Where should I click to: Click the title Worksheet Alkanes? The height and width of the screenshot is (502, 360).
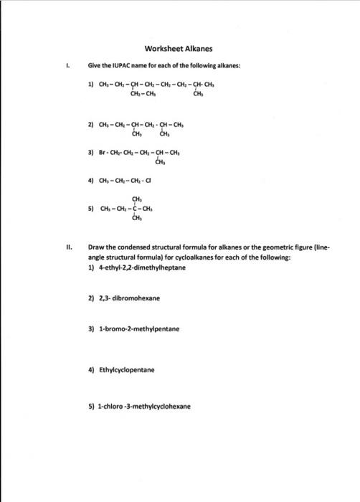coord(179,49)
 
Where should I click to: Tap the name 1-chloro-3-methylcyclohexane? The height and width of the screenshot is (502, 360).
coord(144,405)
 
